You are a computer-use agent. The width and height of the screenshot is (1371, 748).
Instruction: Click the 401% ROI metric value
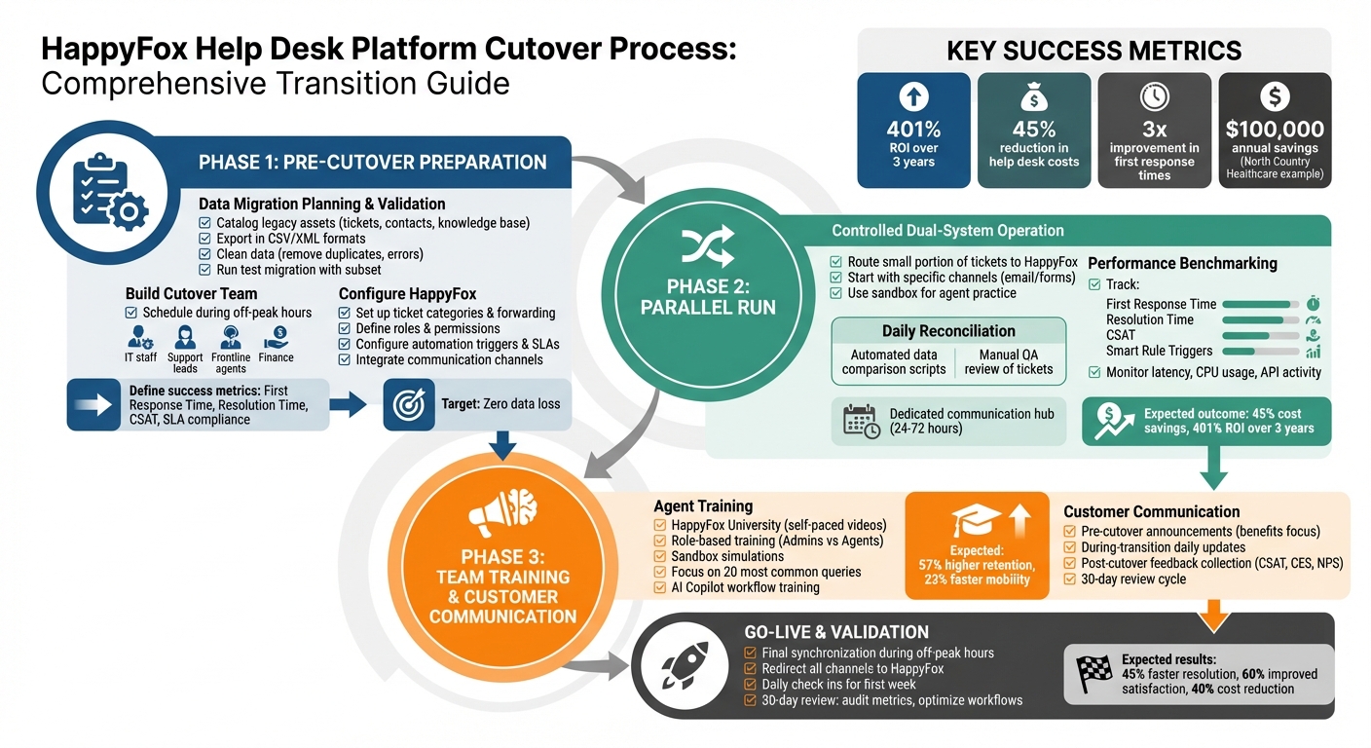pos(912,129)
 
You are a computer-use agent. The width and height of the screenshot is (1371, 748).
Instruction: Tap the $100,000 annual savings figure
pos(1275,129)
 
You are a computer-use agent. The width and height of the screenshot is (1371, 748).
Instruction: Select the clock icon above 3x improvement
pos(1154,96)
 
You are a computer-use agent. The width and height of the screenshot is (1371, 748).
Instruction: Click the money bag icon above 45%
pos(1033,96)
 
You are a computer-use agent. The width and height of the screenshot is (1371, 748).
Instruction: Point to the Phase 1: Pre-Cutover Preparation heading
pos(372,162)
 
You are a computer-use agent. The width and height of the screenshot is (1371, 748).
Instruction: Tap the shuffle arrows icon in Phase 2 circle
pos(707,248)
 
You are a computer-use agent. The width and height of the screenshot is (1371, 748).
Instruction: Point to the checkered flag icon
pos(1094,672)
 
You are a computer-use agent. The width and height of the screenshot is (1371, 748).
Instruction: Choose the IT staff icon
pos(141,338)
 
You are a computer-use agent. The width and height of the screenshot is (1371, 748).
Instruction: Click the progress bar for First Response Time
pos(1261,305)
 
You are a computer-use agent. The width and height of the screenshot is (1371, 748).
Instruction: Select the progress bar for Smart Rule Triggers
pos(1261,351)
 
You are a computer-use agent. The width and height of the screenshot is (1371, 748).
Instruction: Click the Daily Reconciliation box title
pos(935,331)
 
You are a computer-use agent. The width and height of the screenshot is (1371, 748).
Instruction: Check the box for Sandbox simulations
pos(660,556)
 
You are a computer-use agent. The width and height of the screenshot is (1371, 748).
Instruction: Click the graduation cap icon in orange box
pos(977,521)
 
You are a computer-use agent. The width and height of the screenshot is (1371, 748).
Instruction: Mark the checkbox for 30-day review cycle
pos(1069,580)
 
